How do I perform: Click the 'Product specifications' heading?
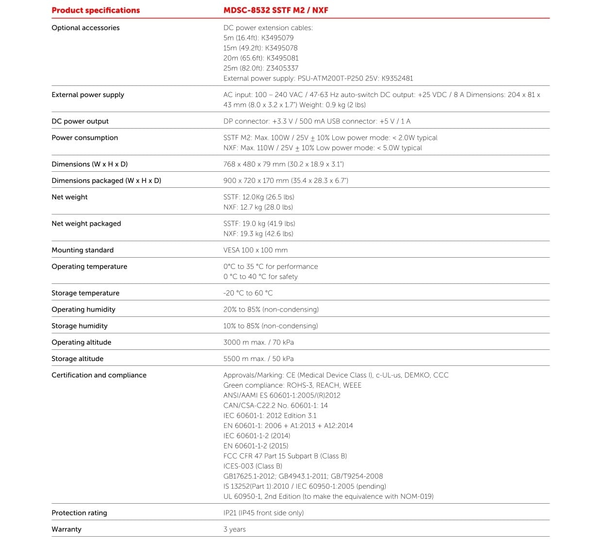click(96, 10)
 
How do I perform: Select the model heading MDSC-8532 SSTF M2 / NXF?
click(276, 10)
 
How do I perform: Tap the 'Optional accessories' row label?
click(85, 28)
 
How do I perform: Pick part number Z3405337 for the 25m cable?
click(282, 68)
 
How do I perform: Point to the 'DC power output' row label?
click(80, 121)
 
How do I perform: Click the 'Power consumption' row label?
click(85, 138)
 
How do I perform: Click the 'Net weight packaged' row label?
click(86, 224)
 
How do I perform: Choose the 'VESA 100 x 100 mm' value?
click(255, 250)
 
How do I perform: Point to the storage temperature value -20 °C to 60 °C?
click(248, 293)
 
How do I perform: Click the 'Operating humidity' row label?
click(83, 310)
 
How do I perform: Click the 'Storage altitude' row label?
click(78, 359)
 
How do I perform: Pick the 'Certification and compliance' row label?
click(99, 375)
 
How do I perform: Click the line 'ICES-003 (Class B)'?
click(253, 466)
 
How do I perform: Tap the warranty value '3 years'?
click(234, 529)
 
